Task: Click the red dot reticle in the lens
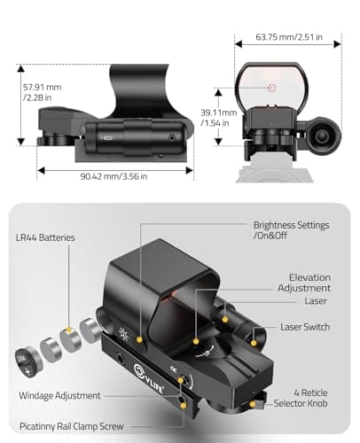[271, 88]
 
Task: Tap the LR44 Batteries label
[45, 238]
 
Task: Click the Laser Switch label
[306, 327]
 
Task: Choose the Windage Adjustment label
[60, 395]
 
